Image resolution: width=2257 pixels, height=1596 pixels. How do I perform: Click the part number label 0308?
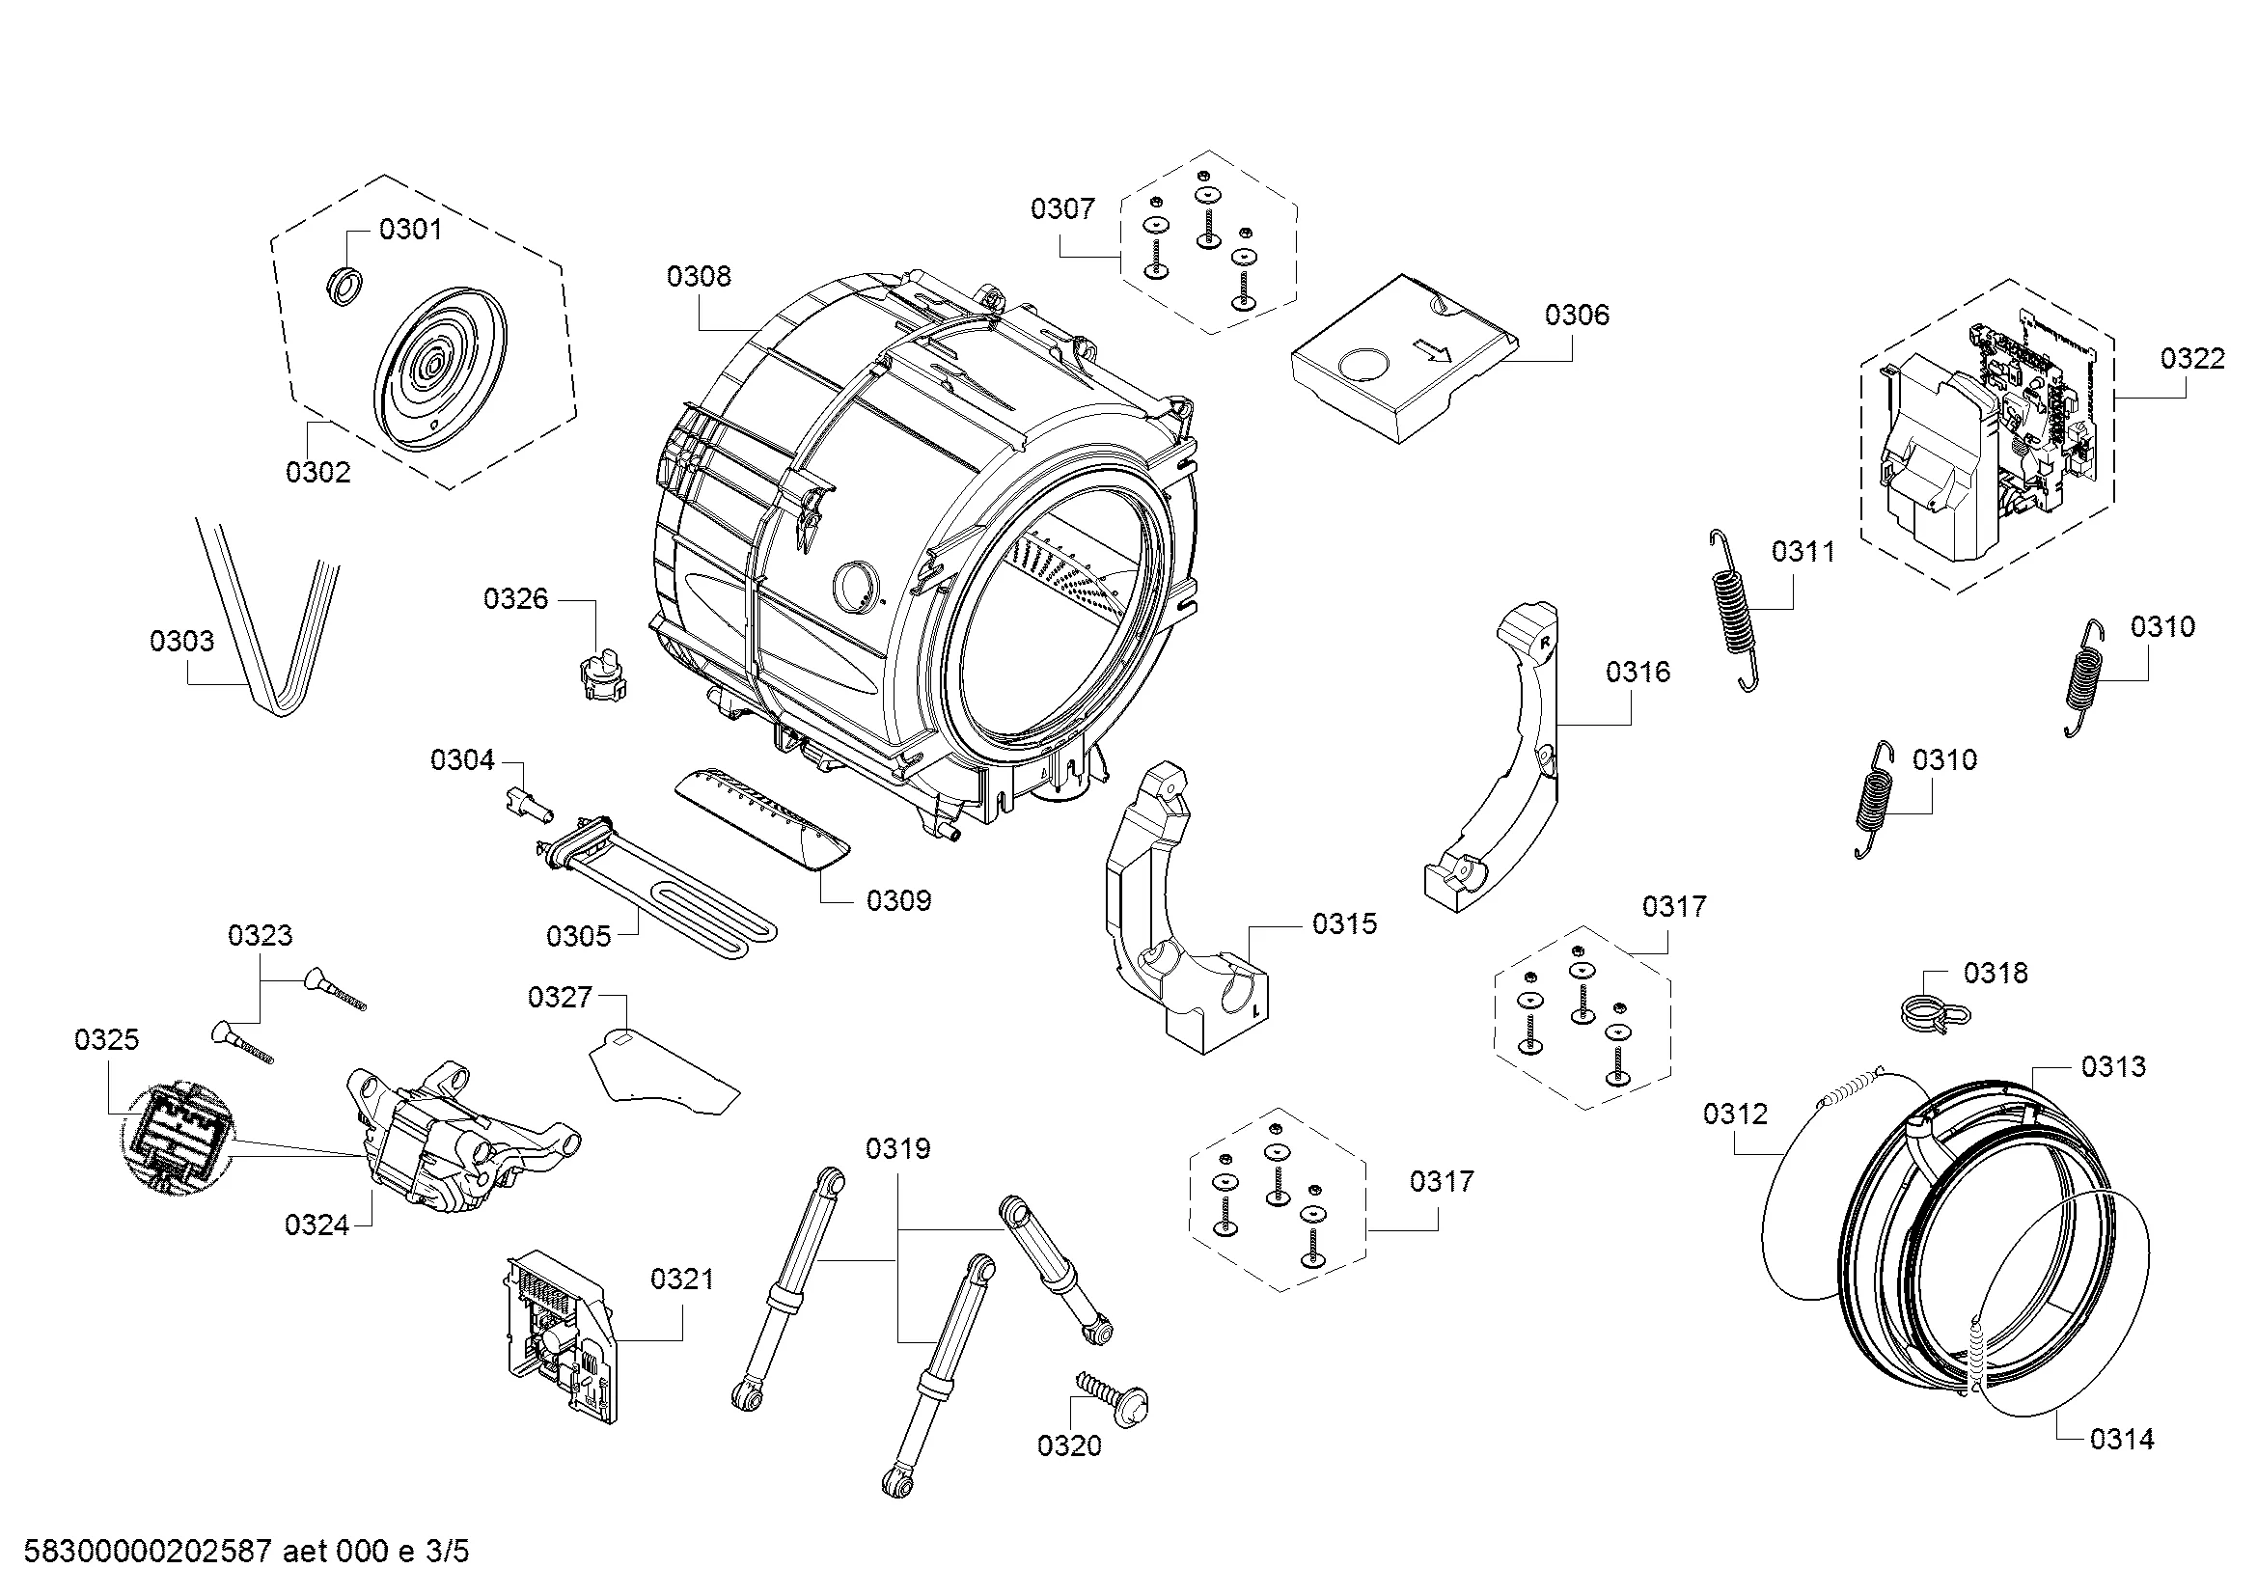coord(698,277)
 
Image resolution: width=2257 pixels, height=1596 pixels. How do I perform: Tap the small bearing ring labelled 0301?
coord(344,286)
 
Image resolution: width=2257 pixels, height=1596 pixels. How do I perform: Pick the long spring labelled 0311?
coord(1733,609)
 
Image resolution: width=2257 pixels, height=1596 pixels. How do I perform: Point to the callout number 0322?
coord(2192,359)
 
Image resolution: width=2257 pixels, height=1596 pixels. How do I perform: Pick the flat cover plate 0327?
coord(664,1071)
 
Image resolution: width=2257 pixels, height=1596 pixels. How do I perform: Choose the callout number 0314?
coord(2121,1440)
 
